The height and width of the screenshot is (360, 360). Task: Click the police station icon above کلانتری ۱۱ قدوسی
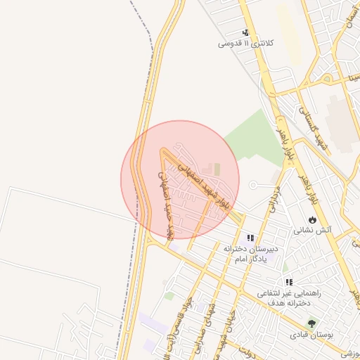point(246,32)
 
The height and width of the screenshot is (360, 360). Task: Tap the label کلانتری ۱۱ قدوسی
point(246,43)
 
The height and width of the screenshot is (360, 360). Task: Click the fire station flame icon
point(312,219)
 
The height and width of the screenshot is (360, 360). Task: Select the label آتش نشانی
point(312,230)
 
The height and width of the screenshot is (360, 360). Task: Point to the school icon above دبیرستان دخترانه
point(251,238)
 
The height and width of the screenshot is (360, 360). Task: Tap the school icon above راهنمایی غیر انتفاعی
point(289,282)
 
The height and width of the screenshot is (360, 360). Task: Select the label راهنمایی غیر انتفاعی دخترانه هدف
point(289,297)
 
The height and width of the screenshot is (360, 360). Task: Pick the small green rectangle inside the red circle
point(217,169)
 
